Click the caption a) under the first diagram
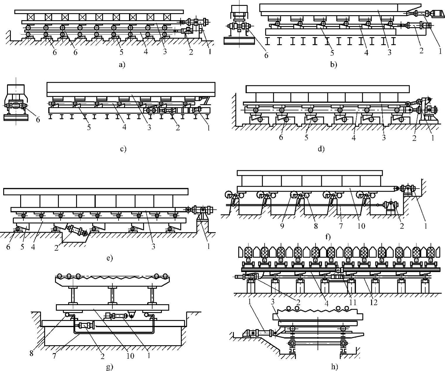122,65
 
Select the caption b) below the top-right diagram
333,64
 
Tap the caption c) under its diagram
123,149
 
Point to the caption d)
321,149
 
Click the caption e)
109,258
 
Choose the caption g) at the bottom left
109,367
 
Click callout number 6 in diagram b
266,55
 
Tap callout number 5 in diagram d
306,137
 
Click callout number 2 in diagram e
56,248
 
